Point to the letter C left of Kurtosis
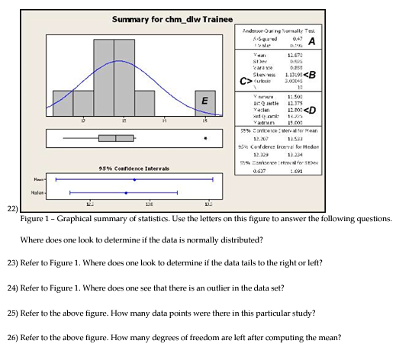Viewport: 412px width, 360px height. [x=244, y=80]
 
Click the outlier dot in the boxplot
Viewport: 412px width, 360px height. [x=204, y=138]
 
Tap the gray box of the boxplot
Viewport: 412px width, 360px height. [x=116, y=138]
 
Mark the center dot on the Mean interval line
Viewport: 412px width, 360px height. [x=134, y=180]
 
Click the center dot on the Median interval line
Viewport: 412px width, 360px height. [x=125, y=192]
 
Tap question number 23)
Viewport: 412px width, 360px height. [x=11, y=263]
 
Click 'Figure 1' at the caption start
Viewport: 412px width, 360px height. [x=35, y=219]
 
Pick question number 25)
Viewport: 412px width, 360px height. [x=11, y=313]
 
